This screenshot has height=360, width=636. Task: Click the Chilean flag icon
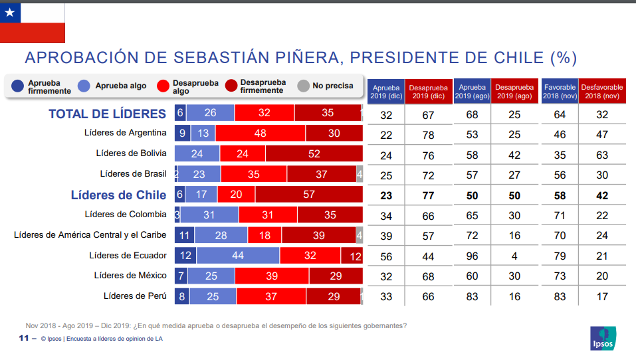coord(33,23)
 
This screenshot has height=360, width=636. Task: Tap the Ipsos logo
coord(602,338)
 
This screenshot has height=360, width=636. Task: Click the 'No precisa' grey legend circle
coord(304,86)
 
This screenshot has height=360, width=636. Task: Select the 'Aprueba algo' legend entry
coord(113,86)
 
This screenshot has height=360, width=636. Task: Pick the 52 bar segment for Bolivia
coord(314,153)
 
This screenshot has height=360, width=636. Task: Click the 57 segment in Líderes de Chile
coord(309,195)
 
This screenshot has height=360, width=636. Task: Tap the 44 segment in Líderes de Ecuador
coord(238,256)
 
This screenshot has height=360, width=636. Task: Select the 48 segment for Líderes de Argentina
coord(260,133)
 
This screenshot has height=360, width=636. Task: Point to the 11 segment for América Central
coord(185,235)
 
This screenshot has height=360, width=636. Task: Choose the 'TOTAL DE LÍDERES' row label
coord(107,114)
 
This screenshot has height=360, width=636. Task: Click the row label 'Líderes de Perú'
coord(135,296)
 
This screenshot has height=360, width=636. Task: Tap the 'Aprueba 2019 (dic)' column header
coord(386,92)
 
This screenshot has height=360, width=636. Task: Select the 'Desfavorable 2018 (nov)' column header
coord(601,92)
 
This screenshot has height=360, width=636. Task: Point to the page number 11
coord(23,339)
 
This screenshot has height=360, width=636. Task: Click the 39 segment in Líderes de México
coord(271,276)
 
